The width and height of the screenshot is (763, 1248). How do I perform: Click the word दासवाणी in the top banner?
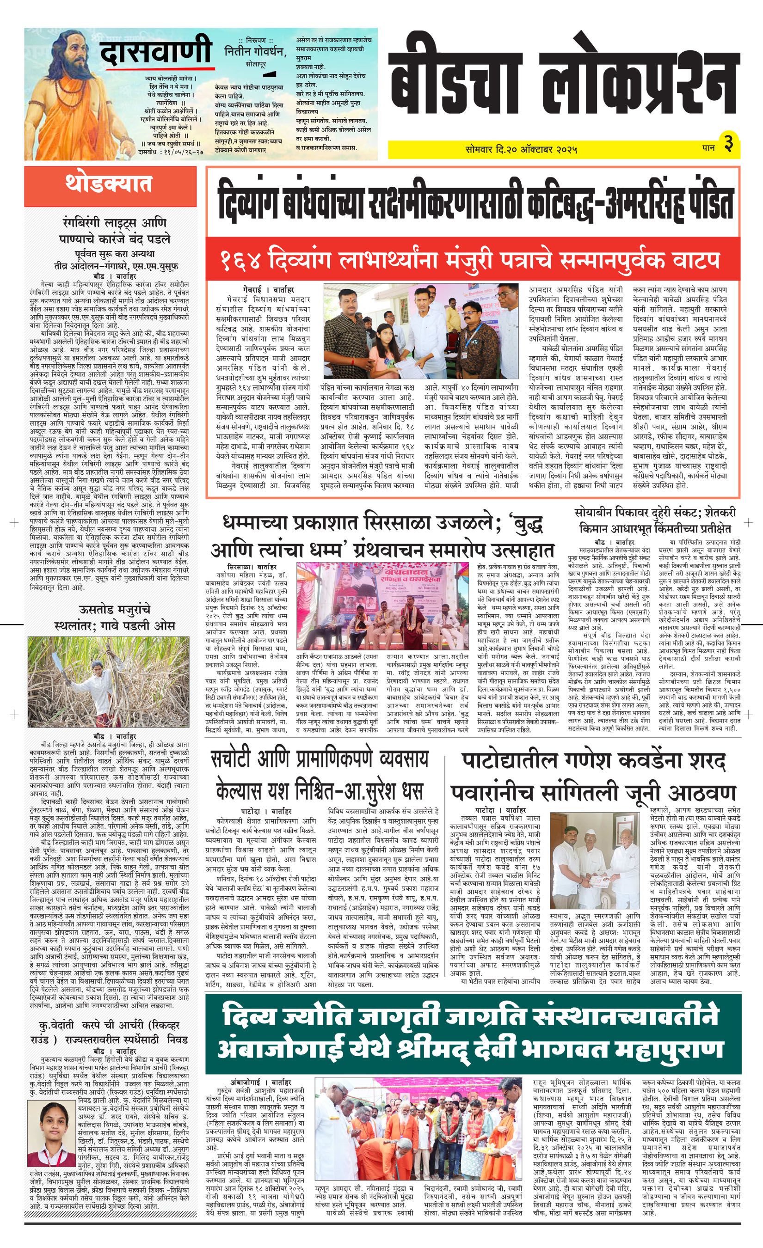(x=155, y=52)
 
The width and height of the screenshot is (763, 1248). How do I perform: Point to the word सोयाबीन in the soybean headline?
(x=598, y=513)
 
